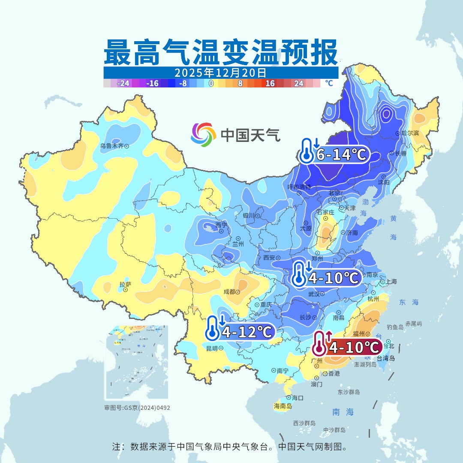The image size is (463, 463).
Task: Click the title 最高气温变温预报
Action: (x=220, y=53)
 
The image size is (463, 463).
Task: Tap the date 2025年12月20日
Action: (x=220, y=72)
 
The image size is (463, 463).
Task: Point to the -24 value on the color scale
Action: (x=123, y=84)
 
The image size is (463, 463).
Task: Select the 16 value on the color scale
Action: (x=270, y=84)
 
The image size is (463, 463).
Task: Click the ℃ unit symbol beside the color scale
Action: (x=329, y=83)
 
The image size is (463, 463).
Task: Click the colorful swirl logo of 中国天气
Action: (x=203, y=135)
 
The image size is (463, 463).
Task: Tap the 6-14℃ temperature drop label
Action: (x=341, y=155)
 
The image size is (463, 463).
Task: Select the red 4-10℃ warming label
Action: (x=354, y=347)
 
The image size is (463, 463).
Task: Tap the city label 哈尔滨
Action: (x=410, y=133)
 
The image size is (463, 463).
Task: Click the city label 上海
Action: (x=391, y=282)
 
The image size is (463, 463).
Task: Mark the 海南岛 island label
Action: (x=283, y=406)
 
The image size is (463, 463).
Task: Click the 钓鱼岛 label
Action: (x=395, y=327)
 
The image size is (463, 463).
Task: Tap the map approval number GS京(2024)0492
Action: (x=137, y=408)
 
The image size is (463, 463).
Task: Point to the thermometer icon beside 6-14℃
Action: (x=307, y=151)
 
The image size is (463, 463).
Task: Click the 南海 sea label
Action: (x=343, y=412)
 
